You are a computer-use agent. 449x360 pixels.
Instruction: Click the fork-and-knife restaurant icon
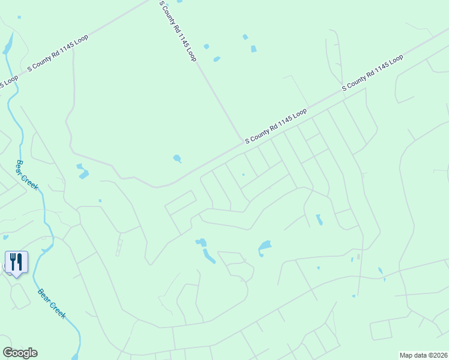(16, 262)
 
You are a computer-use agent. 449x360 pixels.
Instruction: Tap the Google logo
(20, 353)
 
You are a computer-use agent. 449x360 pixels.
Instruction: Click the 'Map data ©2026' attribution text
(423, 355)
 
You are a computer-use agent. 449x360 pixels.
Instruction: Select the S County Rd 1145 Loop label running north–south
(178, 31)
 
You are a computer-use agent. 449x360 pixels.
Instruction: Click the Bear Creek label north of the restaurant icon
(27, 175)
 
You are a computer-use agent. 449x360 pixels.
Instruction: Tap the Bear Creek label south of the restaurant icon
(51, 304)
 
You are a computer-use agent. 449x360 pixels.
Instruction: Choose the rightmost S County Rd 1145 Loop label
(372, 73)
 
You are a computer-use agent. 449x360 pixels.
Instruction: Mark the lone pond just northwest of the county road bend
(177, 159)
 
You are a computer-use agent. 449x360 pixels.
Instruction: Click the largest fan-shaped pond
(264, 247)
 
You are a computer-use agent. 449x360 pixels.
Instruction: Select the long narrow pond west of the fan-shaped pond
(208, 256)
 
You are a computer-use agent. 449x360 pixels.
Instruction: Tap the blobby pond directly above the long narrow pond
(201, 242)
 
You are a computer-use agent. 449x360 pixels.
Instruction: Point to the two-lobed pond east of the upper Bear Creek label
(82, 171)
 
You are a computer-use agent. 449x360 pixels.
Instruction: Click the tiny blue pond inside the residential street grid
(243, 175)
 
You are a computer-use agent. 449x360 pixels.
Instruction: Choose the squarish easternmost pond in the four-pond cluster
(253, 49)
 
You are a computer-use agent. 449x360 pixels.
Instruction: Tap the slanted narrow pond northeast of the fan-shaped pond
(319, 220)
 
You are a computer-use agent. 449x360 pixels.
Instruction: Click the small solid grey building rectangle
(358, 257)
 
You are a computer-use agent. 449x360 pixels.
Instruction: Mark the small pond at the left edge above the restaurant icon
(6, 237)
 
